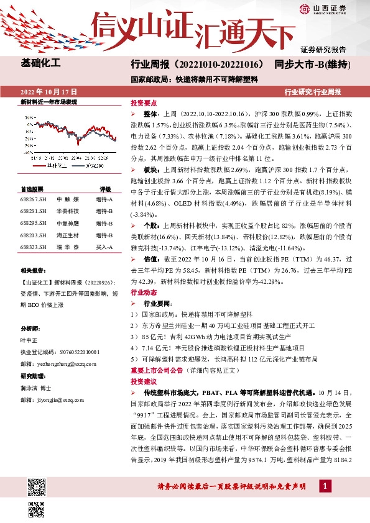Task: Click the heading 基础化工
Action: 41,63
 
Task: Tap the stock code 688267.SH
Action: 34,199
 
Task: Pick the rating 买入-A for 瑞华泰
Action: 104,247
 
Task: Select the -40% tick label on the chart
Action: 27,151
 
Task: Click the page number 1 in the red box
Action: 325,502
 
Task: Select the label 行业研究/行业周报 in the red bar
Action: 313,91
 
